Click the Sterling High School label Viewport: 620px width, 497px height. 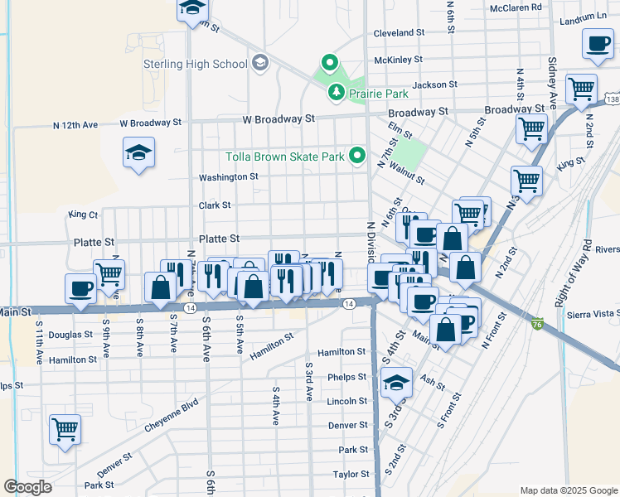click(x=206, y=64)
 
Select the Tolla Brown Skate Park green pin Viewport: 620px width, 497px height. click(x=357, y=155)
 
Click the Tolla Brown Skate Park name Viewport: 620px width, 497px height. click(x=285, y=157)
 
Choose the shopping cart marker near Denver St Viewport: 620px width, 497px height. click(x=65, y=429)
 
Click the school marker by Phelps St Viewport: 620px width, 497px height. click(x=397, y=382)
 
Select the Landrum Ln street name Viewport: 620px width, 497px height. click(x=583, y=18)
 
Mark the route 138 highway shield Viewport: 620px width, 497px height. click(x=612, y=99)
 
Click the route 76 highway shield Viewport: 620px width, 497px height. click(x=538, y=322)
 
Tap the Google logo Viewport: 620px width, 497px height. click(x=27, y=487)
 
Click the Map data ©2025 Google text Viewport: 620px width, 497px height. click(x=569, y=490)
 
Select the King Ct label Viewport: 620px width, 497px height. click(x=83, y=215)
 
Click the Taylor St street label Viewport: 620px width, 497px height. click(x=351, y=475)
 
